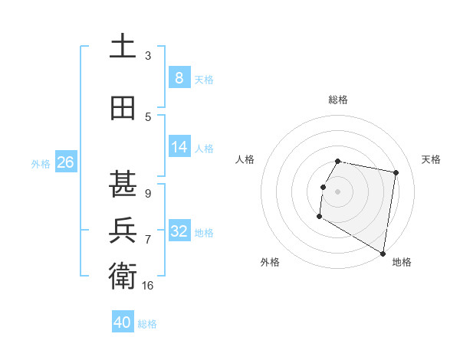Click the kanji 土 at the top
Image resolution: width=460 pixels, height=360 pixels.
coord(123,47)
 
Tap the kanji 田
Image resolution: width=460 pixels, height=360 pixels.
coord(123,109)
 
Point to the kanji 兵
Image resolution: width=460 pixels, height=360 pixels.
coord(123,230)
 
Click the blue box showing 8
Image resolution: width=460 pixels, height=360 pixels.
coord(179,77)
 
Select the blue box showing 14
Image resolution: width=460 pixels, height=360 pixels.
coord(179,148)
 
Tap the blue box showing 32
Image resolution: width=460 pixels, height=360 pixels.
coord(179,231)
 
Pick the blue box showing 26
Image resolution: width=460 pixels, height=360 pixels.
coord(65,162)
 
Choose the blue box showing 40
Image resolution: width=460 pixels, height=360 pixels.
coord(123,322)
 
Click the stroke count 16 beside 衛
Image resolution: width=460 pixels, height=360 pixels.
coord(148,286)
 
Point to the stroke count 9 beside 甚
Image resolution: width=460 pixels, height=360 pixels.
coord(148,194)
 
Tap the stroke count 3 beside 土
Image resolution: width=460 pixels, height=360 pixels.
coord(148,56)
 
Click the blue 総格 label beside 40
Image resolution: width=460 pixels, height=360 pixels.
coord(147,324)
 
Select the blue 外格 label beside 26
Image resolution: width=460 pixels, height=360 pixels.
coord(41,163)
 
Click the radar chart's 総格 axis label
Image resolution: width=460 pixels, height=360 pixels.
coord(338,100)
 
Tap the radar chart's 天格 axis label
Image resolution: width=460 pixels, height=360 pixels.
coord(431,159)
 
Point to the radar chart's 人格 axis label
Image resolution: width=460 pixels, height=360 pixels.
coord(245,159)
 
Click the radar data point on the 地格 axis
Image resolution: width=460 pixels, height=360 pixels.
coord(383,254)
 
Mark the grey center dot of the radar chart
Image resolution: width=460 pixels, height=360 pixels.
coord(337,191)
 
